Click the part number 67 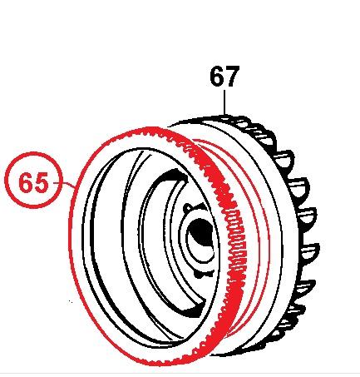tap(224, 77)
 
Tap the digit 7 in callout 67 tap(234, 77)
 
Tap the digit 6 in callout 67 tap(216, 77)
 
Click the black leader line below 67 tap(225, 103)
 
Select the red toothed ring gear tap(234, 250)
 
